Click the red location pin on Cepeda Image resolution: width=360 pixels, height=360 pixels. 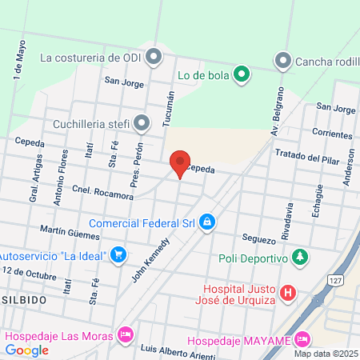(180, 162)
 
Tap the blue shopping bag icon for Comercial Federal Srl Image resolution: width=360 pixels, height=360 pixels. (206, 222)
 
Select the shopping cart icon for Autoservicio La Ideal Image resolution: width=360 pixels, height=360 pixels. (118, 254)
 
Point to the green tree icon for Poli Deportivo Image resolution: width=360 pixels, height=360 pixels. (299, 258)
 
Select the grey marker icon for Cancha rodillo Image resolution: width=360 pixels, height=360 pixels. (282, 60)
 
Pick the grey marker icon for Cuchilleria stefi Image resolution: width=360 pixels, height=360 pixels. (142, 123)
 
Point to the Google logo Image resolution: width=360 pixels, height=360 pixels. (27, 350)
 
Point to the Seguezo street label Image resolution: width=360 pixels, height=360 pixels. (258, 240)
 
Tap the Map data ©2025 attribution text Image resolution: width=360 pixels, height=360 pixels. (324, 354)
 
